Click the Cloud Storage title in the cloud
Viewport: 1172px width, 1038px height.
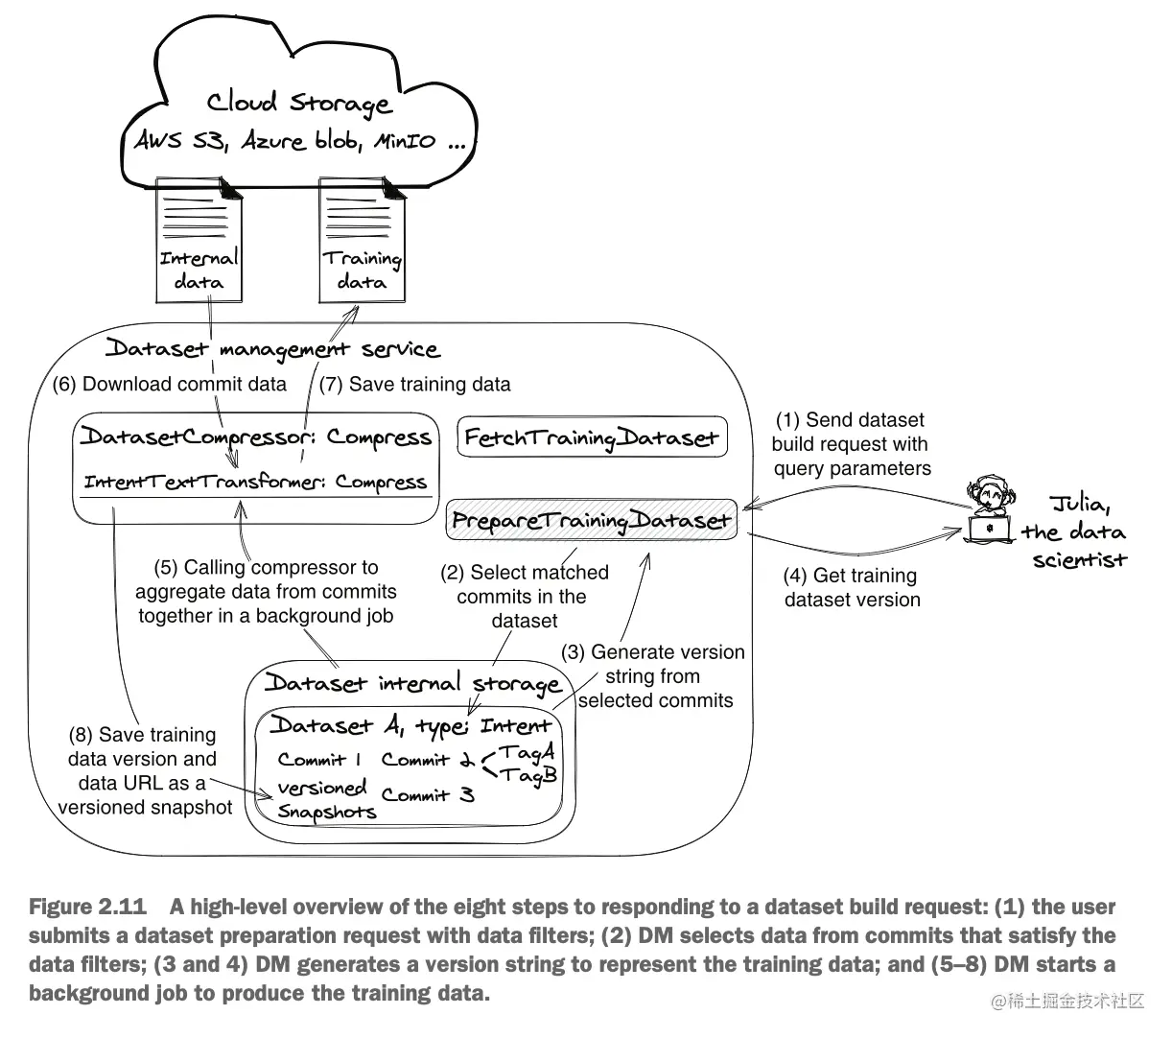pyautogui.click(x=299, y=103)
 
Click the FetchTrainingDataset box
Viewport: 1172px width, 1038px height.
pyautogui.click(x=592, y=438)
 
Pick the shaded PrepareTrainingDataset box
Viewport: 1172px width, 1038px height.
pyautogui.click(x=592, y=520)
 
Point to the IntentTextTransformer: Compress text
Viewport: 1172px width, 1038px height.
pyautogui.click(x=255, y=482)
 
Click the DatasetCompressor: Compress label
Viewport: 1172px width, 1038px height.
pyautogui.click(x=255, y=437)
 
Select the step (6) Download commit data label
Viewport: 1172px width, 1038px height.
pyautogui.click(x=170, y=385)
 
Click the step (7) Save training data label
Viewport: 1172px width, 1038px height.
pyautogui.click(x=414, y=385)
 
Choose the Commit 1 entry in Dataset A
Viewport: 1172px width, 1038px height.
pyautogui.click(x=319, y=760)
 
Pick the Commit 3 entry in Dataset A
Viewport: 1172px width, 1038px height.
pyautogui.click(x=428, y=795)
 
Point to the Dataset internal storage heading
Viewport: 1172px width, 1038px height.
pyautogui.click(x=412, y=683)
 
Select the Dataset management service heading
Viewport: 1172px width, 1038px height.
pyautogui.click(x=271, y=348)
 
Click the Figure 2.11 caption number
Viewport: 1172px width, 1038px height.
pyautogui.click(x=88, y=908)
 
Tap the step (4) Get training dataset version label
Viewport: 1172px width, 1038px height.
pyautogui.click(x=852, y=588)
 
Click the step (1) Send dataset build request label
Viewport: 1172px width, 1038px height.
pyautogui.click(x=852, y=444)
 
